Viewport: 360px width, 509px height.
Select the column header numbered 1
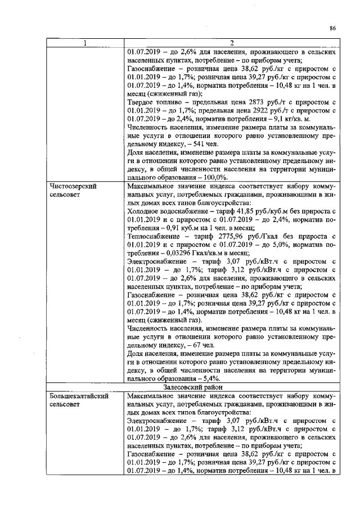85,43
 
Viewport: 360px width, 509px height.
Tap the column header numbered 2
231,43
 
